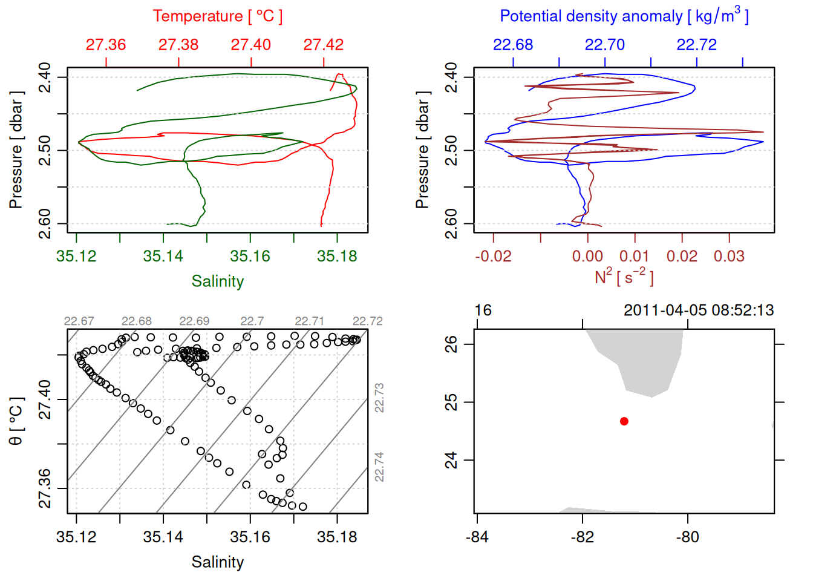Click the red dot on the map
pyautogui.click(x=624, y=421)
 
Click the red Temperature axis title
pyautogui.click(x=217, y=16)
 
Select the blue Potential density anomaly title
pyautogui.click(x=624, y=16)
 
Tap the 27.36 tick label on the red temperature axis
pyautogui.click(x=106, y=45)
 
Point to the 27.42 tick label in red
pyautogui.click(x=324, y=45)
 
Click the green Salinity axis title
pyautogui.click(x=217, y=281)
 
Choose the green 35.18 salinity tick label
pyautogui.click(x=337, y=257)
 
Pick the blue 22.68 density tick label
pyautogui.click(x=513, y=45)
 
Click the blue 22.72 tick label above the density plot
pyautogui.click(x=696, y=45)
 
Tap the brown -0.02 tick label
pyautogui.click(x=493, y=257)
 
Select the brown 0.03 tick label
pyautogui.click(x=729, y=257)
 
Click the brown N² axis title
pyautogui.click(x=624, y=277)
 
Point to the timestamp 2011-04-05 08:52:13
pyautogui.click(x=699, y=310)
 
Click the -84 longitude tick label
pyautogui.click(x=477, y=537)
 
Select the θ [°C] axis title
pyautogui.click(x=16, y=421)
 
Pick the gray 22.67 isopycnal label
pyautogui.click(x=79, y=321)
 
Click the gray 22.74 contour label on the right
pyautogui.click(x=379, y=467)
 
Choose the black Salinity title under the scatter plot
pyautogui.click(x=217, y=562)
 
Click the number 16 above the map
pyautogui.click(x=483, y=310)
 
